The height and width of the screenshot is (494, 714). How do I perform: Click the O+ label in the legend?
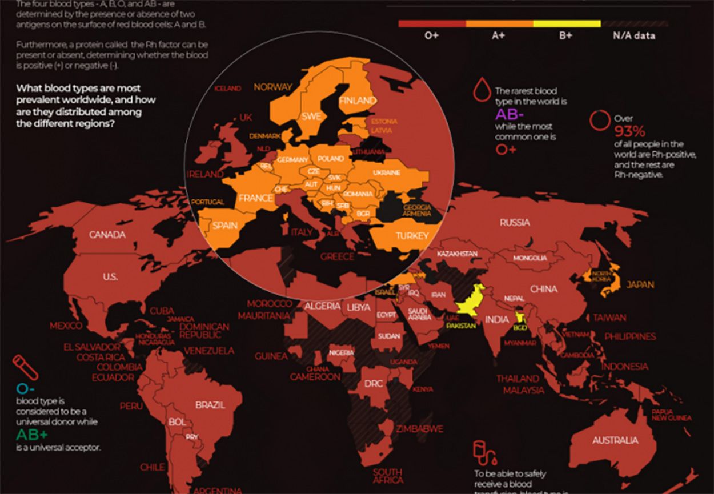[x=431, y=35]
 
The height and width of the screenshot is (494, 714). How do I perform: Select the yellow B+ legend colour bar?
[x=567, y=24]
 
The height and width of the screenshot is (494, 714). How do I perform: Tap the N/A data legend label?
[x=634, y=35]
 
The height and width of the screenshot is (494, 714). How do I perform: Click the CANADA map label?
[x=107, y=235]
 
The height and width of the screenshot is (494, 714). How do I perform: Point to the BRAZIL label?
[x=210, y=405]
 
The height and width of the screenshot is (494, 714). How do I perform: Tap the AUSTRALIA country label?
[x=615, y=440]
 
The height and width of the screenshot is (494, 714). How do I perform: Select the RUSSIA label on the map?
[x=514, y=222]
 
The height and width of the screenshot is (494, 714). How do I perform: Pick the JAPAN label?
[x=640, y=284]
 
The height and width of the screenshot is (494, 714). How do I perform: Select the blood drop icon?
[x=482, y=90]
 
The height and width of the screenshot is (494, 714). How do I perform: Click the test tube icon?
[x=25, y=367]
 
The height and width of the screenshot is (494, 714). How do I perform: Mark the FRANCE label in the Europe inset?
[x=255, y=198]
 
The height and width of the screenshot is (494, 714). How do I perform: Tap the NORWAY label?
[x=272, y=87]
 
